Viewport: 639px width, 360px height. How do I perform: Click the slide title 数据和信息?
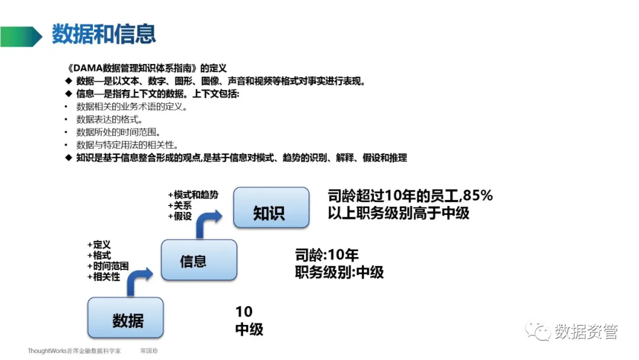[104, 34]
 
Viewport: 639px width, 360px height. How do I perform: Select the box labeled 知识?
[271, 208]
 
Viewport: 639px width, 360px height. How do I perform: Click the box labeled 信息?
[199, 261]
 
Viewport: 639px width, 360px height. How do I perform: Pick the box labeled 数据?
[125, 320]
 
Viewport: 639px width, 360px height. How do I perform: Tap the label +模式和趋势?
[193, 195]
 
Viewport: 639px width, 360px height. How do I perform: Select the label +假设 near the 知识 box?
[180, 216]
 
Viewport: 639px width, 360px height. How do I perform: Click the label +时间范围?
[107, 266]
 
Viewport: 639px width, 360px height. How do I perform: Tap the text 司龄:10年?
[327, 255]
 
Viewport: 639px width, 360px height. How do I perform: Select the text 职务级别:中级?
[339, 272]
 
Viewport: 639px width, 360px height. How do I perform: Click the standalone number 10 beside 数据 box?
[244, 312]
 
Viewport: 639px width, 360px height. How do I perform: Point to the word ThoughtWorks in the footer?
[47, 351]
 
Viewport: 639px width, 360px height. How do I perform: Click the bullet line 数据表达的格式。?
[109, 120]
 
